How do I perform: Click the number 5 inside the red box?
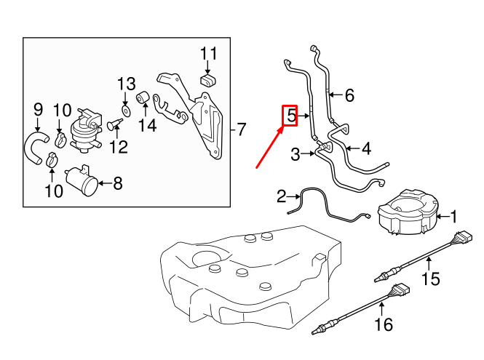(x=290, y=115)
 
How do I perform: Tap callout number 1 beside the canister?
(x=453, y=216)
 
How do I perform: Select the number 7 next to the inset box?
(x=241, y=130)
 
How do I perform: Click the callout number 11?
(x=209, y=53)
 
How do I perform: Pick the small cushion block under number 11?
(x=208, y=79)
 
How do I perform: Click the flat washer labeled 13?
(x=125, y=110)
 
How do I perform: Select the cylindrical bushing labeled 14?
(x=143, y=97)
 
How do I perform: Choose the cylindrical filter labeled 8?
(x=81, y=181)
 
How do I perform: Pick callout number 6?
(x=349, y=95)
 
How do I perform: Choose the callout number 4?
(x=365, y=148)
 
